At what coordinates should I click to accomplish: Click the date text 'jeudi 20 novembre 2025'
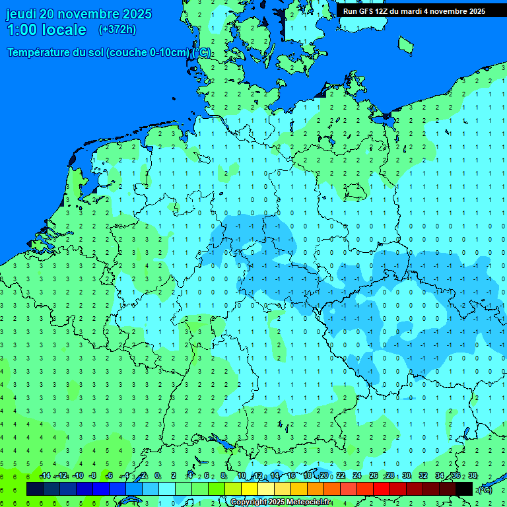point(79,14)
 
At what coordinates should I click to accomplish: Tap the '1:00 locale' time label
point(46,30)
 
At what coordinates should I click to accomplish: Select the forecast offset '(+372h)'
point(117,30)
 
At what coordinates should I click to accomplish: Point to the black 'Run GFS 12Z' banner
point(415,11)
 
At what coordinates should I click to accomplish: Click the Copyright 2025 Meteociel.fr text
point(281,502)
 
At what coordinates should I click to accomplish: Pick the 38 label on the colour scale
point(473,476)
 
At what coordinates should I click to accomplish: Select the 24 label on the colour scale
point(357,476)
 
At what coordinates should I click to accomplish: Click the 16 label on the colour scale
point(291,476)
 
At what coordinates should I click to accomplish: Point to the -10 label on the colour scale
point(77,476)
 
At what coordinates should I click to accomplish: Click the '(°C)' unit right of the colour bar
point(485,489)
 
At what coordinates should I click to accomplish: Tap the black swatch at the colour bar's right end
point(464,489)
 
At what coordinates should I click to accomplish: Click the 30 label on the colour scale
point(407,476)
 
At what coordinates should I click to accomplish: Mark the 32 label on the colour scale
point(423,476)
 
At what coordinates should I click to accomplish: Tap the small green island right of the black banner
point(405,44)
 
